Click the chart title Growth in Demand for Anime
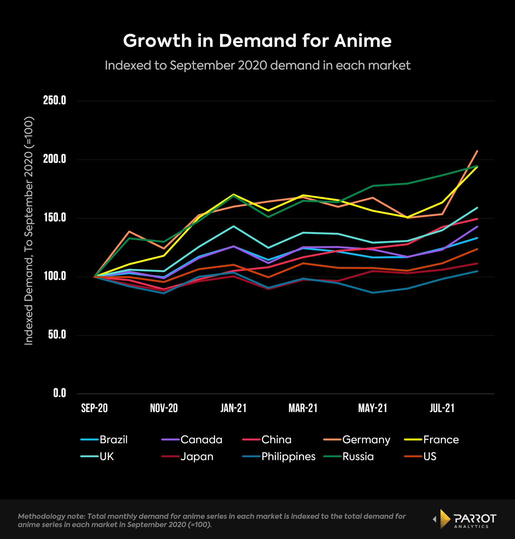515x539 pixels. (x=257, y=41)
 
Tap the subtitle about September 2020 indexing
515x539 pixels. (x=257, y=65)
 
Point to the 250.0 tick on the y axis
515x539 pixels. (x=54, y=100)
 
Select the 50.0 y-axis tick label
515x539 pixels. (x=57, y=335)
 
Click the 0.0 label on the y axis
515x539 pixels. (x=60, y=393)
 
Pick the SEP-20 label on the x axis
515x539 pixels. (x=94, y=408)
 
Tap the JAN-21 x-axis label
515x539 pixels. (x=233, y=408)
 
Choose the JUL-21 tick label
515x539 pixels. (x=442, y=408)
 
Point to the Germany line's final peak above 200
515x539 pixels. (x=477, y=151)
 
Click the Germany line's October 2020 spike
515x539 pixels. (x=129, y=232)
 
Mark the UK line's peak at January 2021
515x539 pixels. (x=233, y=226)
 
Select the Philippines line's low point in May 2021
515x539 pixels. (x=373, y=293)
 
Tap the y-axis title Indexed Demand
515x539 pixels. (x=29, y=231)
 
